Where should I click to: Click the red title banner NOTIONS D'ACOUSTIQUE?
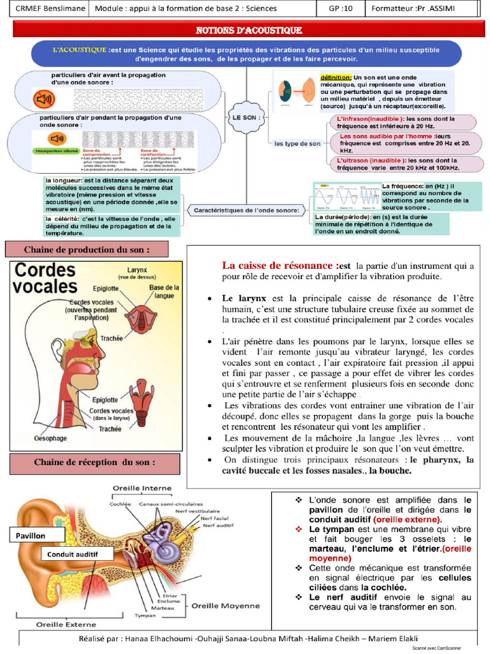(248, 30)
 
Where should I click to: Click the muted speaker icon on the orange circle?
(44, 99)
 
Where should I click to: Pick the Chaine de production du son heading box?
(87, 249)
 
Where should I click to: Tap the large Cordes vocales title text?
(46, 278)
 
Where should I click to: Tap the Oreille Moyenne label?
(231, 605)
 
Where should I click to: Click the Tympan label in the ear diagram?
(145, 616)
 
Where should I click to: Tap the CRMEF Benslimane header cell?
(45, 9)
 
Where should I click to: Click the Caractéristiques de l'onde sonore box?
(246, 209)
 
